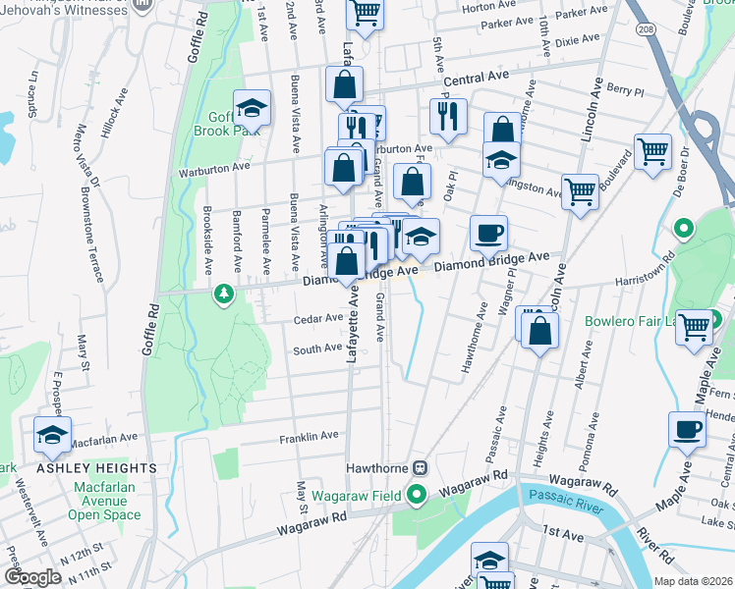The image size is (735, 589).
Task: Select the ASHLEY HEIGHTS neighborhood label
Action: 84,468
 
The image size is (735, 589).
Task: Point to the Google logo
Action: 31,577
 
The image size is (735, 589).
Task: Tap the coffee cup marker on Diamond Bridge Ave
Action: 488,234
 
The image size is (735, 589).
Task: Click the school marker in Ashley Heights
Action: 52,434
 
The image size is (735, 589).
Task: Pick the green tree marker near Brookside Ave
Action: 224,294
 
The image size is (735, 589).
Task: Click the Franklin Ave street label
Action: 309,435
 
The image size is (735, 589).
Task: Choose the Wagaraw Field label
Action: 356,496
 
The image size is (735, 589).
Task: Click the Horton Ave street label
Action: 482,7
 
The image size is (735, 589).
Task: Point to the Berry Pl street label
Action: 624,88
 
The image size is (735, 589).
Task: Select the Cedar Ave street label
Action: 317,318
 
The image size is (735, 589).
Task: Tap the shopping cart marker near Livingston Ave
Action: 580,191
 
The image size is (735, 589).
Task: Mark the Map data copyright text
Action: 692,581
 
